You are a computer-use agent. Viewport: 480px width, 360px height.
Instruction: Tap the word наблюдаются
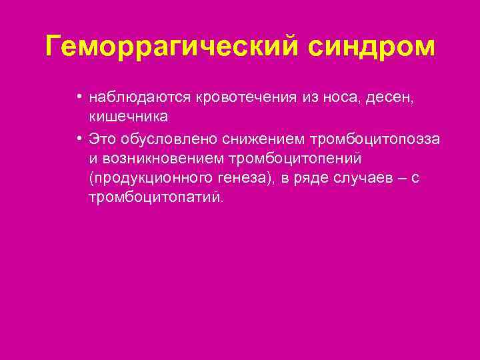[x=141, y=98]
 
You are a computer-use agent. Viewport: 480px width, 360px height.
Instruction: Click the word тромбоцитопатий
[x=157, y=199]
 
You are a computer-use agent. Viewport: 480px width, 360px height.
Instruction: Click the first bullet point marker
[x=79, y=97]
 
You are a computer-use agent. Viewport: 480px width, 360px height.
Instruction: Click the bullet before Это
[x=79, y=138]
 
